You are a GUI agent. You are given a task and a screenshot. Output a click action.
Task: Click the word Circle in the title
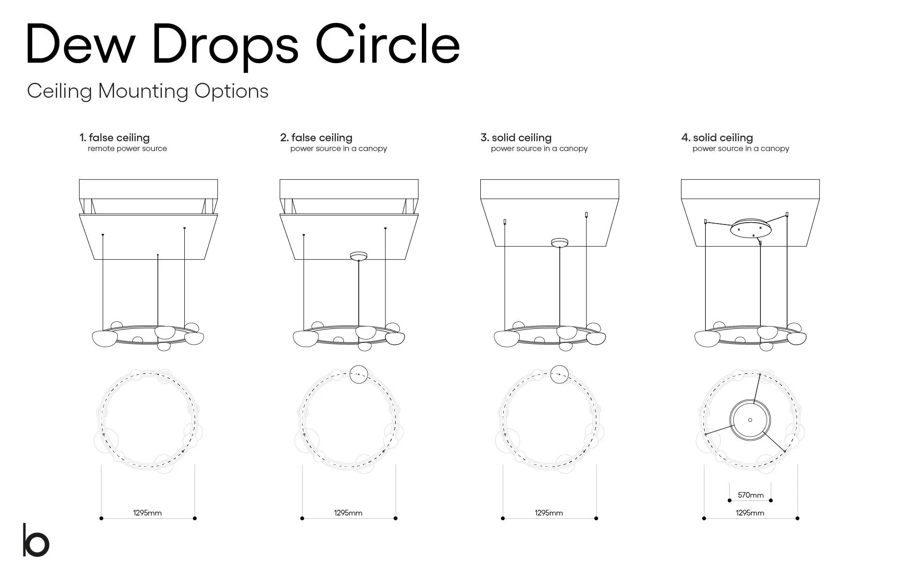(388, 44)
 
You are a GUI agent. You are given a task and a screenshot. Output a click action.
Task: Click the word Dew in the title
(80, 44)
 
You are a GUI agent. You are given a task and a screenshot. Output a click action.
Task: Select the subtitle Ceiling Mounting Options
(147, 91)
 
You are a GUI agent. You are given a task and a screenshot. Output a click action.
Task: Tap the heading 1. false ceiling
(115, 138)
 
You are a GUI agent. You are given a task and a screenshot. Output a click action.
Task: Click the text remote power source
(127, 149)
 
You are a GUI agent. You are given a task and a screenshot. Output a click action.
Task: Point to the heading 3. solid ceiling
(516, 138)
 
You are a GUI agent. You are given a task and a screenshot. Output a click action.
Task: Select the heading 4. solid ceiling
(717, 138)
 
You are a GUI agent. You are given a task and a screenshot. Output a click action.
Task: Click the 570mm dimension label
(750, 495)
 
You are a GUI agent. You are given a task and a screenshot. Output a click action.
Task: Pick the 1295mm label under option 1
(147, 513)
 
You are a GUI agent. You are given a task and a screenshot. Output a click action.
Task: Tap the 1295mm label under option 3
(549, 513)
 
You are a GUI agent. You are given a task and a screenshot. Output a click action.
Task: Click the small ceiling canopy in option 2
(359, 256)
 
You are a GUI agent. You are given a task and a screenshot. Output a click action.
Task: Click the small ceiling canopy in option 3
(559, 242)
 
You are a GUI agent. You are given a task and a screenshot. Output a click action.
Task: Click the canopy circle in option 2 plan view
(359, 374)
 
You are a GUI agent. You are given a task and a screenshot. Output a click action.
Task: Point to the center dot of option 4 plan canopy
(750, 420)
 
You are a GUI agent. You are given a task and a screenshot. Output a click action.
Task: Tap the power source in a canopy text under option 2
(339, 149)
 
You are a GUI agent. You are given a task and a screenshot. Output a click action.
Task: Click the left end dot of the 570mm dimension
(730, 500)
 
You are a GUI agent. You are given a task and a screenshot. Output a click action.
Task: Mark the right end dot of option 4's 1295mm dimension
(797, 518)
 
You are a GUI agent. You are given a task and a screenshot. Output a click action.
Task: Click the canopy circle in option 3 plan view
(559, 374)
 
